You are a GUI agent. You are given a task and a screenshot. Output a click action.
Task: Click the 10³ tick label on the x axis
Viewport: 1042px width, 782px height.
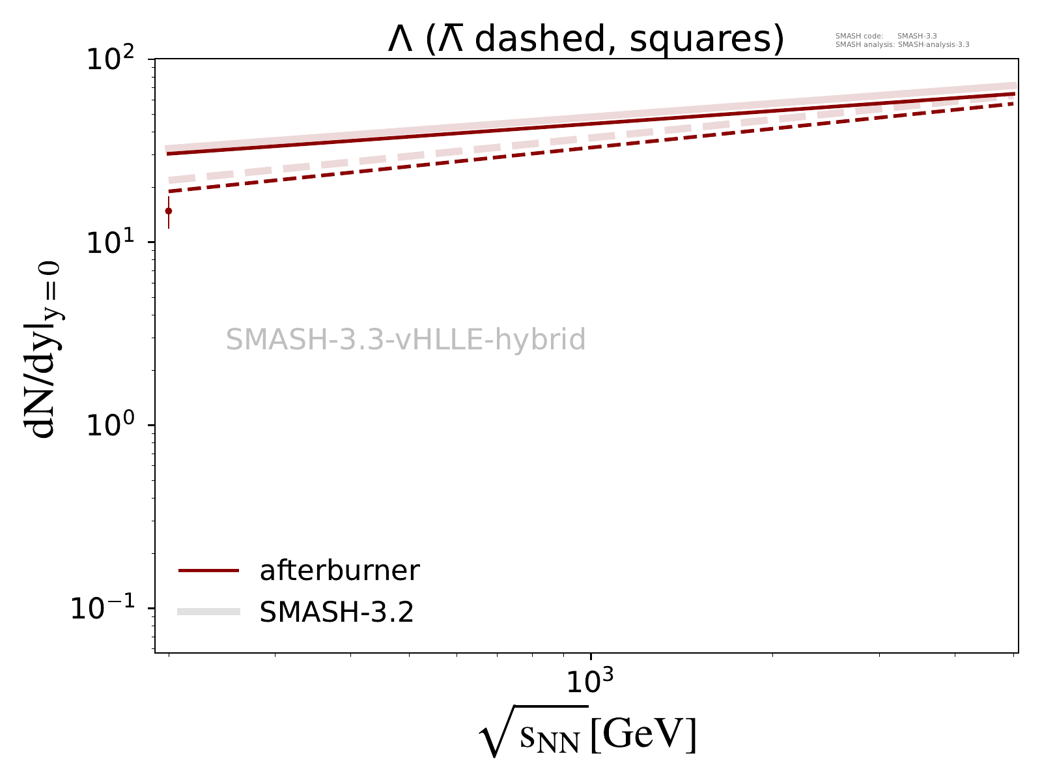(x=590, y=682)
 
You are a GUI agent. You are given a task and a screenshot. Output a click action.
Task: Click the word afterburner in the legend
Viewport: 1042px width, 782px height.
(x=339, y=571)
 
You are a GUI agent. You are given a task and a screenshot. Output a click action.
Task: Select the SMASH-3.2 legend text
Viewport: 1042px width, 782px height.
(x=337, y=612)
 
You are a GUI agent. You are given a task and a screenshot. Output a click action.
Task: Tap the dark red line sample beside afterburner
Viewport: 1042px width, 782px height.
(x=209, y=571)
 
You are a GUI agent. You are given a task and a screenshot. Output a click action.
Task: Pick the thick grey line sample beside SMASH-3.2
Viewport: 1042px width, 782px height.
(x=209, y=611)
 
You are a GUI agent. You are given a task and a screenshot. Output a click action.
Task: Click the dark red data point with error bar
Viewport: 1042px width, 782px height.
(x=169, y=211)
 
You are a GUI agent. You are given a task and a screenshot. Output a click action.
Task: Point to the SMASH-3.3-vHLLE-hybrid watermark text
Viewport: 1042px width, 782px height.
(x=406, y=340)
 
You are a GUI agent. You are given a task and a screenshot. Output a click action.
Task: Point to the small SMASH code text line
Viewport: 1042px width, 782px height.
(x=886, y=36)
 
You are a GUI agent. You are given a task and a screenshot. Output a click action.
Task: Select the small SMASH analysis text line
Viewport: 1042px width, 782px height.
(x=902, y=45)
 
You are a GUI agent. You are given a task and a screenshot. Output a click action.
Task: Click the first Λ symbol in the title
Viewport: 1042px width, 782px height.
(x=401, y=40)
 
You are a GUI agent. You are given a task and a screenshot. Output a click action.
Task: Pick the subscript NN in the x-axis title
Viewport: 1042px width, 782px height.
(x=563, y=743)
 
